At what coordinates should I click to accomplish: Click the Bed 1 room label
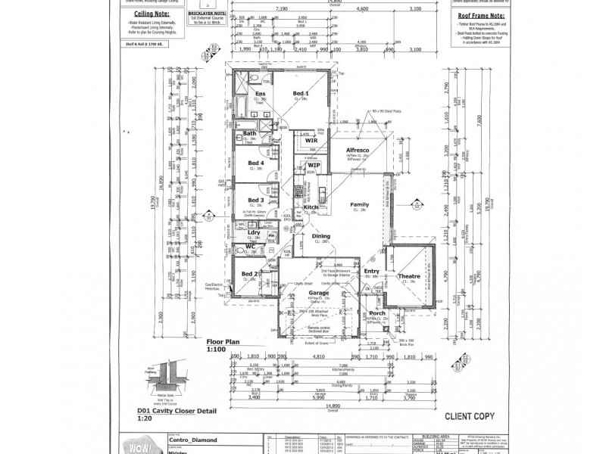click(301, 93)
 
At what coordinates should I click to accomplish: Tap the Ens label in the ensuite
click(260, 93)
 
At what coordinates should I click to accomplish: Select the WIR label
click(311, 141)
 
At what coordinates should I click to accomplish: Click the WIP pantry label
click(314, 165)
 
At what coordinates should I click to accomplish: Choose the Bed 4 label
click(257, 163)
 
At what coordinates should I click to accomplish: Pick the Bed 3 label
click(257, 200)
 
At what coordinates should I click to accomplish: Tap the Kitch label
click(311, 207)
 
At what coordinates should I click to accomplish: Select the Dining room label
click(322, 235)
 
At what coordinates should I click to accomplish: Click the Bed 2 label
click(250, 273)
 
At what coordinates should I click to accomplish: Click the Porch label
click(376, 313)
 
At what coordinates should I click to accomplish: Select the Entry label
click(371, 271)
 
